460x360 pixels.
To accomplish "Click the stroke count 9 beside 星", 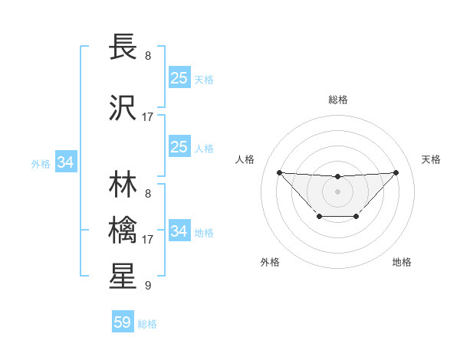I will (147, 286).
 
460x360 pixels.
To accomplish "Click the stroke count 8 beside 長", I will (147, 56).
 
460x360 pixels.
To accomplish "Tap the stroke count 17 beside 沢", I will (148, 117).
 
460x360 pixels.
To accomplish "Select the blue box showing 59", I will (123, 322).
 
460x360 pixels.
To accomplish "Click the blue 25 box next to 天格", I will (179, 78).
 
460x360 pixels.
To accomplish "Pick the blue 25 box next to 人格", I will (179, 147).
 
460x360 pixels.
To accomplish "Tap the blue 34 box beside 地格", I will (179, 231).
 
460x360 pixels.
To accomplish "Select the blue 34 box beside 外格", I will (66, 162).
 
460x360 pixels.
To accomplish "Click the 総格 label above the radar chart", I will (337, 100).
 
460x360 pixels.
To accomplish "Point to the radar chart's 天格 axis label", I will (431, 159).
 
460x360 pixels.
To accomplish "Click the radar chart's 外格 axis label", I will (270, 262).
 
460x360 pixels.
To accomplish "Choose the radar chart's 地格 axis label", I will (402, 262).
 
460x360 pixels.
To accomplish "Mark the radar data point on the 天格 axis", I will (396, 172).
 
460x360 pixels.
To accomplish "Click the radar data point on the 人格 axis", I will (279, 172).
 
